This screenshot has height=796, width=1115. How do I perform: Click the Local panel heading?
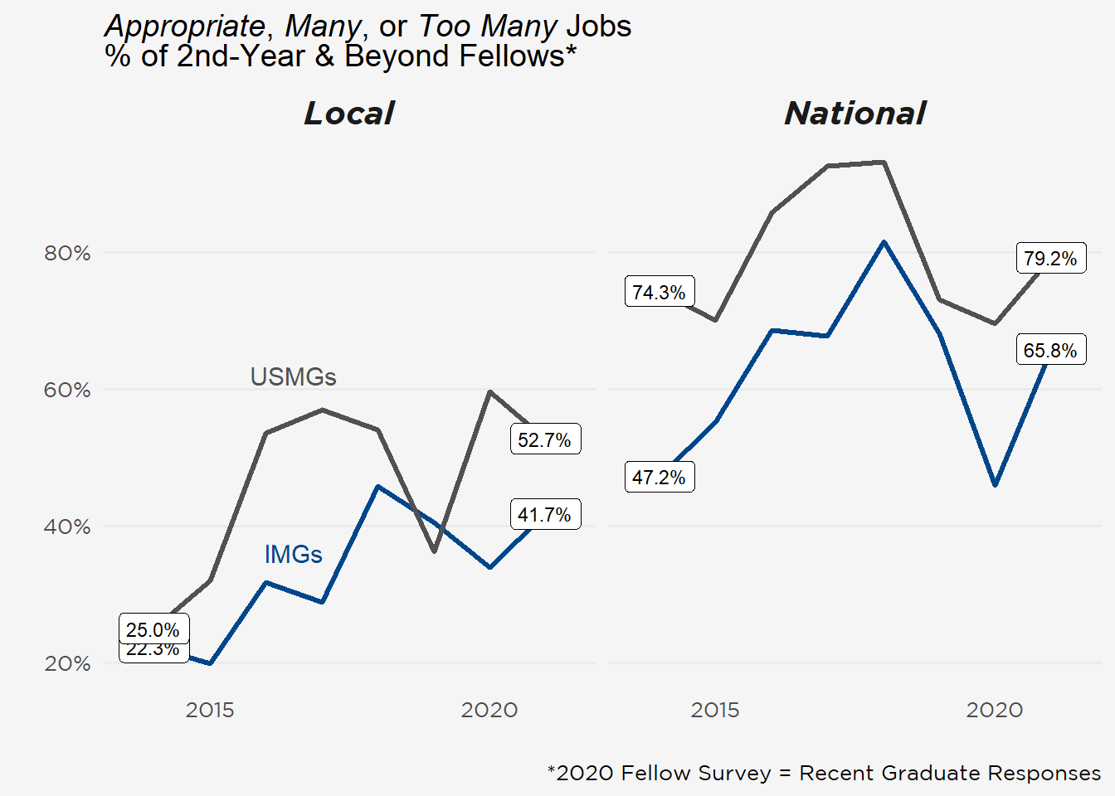(349, 114)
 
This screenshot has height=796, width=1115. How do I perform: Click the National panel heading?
(855, 114)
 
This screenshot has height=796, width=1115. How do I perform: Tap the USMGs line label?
(293, 377)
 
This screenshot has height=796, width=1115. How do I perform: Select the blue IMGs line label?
(293, 555)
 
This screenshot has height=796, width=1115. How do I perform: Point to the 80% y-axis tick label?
(67, 254)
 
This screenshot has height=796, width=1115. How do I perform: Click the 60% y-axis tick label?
(67, 391)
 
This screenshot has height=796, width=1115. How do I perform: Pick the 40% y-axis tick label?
(67, 527)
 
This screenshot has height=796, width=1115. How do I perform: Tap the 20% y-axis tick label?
(67, 664)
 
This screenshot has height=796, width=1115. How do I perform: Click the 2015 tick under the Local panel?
(210, 711)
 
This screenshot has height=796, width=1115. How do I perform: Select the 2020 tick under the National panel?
(994, 711)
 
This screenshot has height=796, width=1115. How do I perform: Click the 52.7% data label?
(544, 440)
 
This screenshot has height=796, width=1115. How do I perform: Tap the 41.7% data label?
(544, 515)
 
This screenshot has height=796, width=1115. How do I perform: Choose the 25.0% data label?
(153, 630)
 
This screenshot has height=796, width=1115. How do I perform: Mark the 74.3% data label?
(659, 293)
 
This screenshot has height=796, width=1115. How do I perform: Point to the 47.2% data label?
(659, 478)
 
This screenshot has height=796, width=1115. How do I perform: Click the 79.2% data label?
(1050, 259)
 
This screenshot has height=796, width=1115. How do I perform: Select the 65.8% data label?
(1050, 351)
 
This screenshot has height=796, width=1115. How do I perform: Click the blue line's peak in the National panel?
(884, 242)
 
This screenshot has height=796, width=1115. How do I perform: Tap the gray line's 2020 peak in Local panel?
(490, 391)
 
